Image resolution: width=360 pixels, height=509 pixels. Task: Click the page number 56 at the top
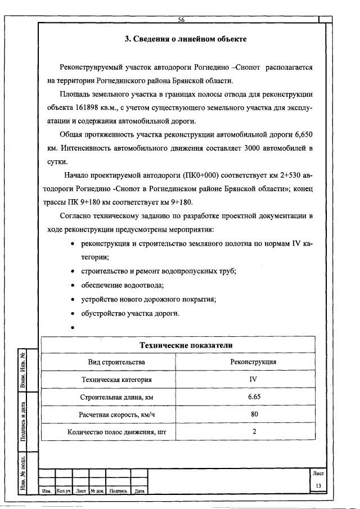coord(182,20)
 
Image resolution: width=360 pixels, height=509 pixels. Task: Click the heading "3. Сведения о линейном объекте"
coord(185,39)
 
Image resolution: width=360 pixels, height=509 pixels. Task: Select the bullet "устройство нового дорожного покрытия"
coord(148,299)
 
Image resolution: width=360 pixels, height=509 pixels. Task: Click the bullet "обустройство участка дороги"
coord(130,313)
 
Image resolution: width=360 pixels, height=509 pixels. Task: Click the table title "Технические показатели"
coord(186,345)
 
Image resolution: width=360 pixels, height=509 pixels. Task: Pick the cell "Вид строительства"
coord(116,362)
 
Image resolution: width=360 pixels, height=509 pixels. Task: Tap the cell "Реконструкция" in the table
coord(253,362)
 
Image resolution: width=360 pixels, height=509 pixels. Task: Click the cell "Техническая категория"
coord(116,380)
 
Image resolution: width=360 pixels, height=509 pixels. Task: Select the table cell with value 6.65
coord(253,397)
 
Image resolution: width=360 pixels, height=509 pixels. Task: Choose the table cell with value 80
coord(254,415)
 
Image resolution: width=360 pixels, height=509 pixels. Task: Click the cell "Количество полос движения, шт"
coord(116,432)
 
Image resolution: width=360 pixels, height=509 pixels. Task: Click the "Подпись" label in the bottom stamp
coord(118,491)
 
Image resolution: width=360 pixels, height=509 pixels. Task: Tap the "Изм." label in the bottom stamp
coord(47,491)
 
